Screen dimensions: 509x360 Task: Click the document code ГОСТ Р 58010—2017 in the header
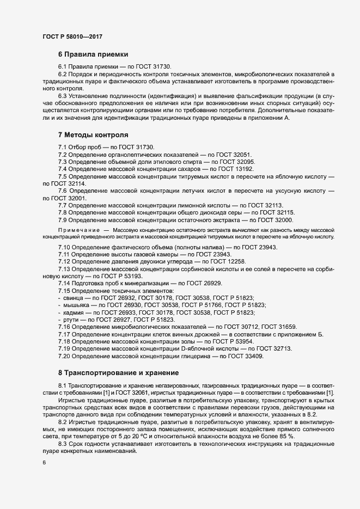[x=72, y=36]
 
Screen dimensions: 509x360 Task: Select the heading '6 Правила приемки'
[x=93, y=54]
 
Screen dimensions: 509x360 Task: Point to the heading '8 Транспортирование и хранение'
[x=118, y=373]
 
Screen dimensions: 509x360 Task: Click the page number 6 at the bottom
[x=44, y=463]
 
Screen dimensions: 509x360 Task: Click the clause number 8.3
[x=64, y=444]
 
